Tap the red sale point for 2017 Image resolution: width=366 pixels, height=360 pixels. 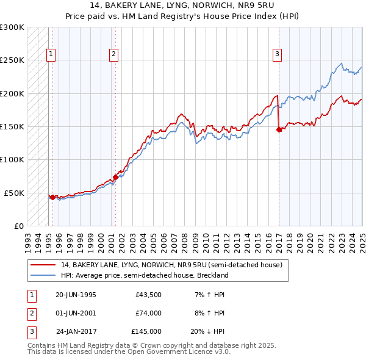[x=279, y=129]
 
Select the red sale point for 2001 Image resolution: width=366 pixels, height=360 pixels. [x=115, y=177]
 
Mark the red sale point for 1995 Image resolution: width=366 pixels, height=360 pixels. [x=52, y=197]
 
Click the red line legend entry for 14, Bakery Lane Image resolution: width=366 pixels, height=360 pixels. [x=171, y=265]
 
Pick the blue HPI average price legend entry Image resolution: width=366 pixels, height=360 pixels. [x=144, y=275]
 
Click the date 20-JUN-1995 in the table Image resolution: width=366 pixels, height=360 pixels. [x=76, y=295]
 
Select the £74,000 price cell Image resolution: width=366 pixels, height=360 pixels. [x=149, y=313]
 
